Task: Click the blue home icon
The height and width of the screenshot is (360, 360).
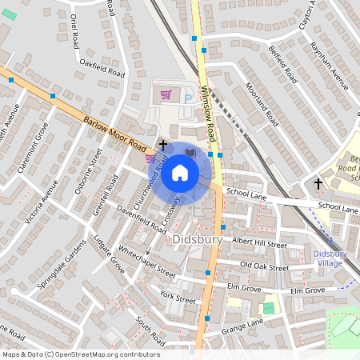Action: (180, 172)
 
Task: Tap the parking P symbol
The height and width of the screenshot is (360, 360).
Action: (188, 98)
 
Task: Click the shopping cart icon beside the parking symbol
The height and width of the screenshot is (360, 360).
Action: (166, 94)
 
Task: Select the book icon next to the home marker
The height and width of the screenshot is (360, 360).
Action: (190, 152)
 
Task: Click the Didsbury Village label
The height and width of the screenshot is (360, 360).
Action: (329, 258)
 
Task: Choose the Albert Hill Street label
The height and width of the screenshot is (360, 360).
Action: (258, 243)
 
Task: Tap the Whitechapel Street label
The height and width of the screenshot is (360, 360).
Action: (146, 262)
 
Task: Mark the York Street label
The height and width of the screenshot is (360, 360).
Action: (177, 298)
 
